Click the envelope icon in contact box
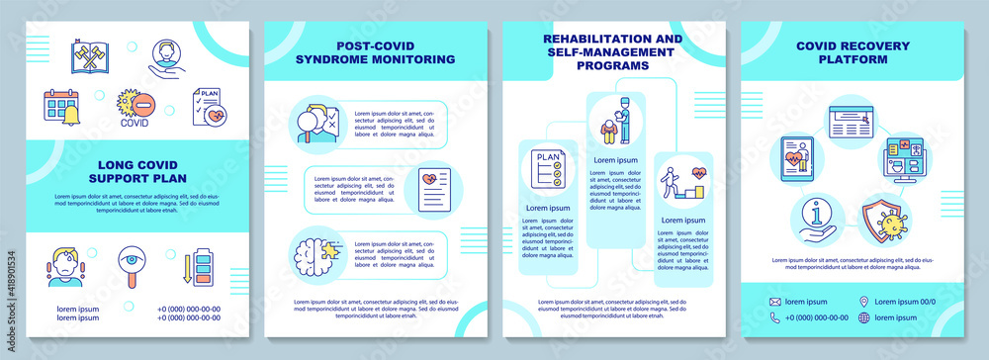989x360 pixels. point(776,301)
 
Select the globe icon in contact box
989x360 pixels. point(865,317)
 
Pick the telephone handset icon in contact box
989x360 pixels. point(776,317)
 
